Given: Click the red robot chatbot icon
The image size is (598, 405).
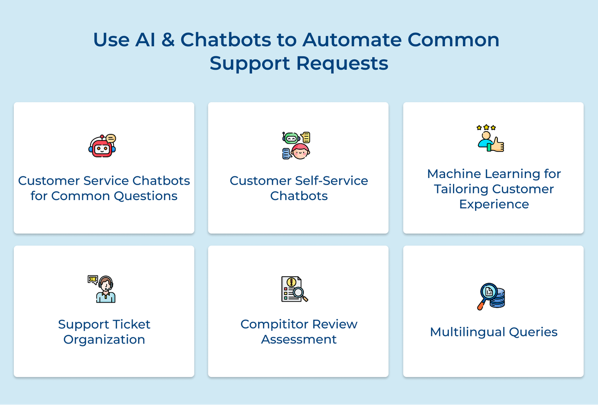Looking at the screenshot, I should point(102,146).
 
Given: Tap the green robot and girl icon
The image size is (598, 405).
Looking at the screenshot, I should point(296,146).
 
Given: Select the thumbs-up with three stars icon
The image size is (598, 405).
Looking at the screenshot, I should point(491,138).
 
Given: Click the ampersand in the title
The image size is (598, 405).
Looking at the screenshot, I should point(168,40).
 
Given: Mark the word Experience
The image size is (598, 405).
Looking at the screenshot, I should point(494,204).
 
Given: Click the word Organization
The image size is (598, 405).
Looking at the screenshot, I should point(104,340).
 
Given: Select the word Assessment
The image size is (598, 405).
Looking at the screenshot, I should point(299,339).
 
